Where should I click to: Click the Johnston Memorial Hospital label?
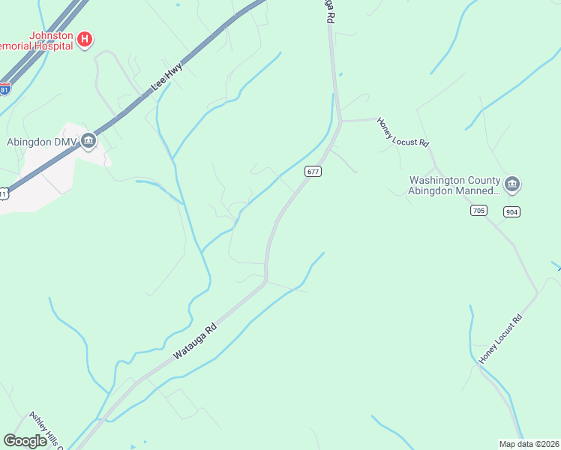tap(37, 40)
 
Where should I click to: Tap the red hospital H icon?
tap(85, 39)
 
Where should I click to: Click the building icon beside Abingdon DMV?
tap(88, 140)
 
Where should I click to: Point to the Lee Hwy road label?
tap(167, 77)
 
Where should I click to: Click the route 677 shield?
tap(313, 172)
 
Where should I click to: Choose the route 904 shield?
tap(512, 211)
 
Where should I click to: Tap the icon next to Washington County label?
tap(513, 184)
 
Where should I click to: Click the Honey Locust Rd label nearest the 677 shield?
tap(403, 132)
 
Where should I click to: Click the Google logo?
tap(25, 440)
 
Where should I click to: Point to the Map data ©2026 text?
tap(529, 443)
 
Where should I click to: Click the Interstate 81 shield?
tap(4, 89)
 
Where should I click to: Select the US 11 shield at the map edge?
tap(3, 194)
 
